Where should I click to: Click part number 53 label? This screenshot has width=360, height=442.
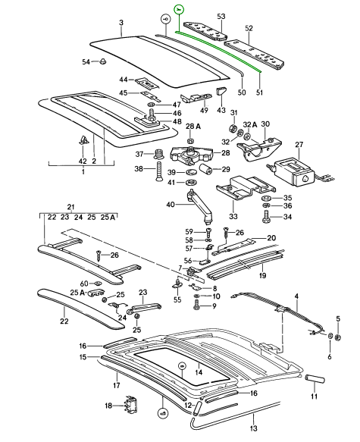pyautogui.click(x=221, y=17)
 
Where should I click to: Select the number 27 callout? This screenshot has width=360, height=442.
pyautogui.click(x=299, y=145)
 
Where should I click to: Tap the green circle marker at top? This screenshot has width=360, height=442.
pyautogui.click(x=179, y=10)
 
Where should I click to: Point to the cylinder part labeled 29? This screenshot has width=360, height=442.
pyautogui.click(x=206, y=169)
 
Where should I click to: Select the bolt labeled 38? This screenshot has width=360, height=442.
pyautogui.click(x=158, y=171)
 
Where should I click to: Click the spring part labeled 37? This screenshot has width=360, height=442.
pyautogui.click(x=158, y=154)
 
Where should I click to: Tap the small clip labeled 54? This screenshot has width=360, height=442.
pyautogui.click(x=104, y=61)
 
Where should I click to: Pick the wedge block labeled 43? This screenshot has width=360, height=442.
pyautogui.click(x=221, y=91)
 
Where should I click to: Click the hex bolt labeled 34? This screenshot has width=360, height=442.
pyautogui.click(x=267, y=217)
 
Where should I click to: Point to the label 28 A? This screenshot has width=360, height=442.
pyautogui.click(x=193, y=127)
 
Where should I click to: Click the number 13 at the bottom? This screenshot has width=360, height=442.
pyautogui.click(x=254, y=428)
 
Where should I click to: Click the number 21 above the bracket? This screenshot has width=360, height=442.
pyautogui.click(x=70, y=208)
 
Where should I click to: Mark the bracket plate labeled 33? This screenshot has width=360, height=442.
pyautogui.click(x=245, y=189)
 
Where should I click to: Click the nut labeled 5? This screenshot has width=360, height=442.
pyautogui.click(x=339, y=337)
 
